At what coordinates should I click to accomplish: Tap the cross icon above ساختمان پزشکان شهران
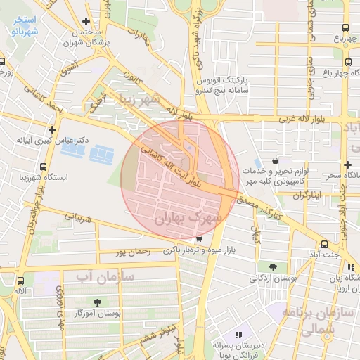click(x=86, y=22)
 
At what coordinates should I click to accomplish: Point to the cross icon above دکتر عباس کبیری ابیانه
click(x=53, y=129)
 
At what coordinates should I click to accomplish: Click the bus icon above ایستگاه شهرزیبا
click(x=44, y=167)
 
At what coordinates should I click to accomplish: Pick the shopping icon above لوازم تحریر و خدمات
click(x=283, y=161)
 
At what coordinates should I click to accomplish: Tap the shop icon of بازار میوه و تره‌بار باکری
click(x=200, y=239)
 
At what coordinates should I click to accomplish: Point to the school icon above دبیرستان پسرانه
click(x=238, y=334)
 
